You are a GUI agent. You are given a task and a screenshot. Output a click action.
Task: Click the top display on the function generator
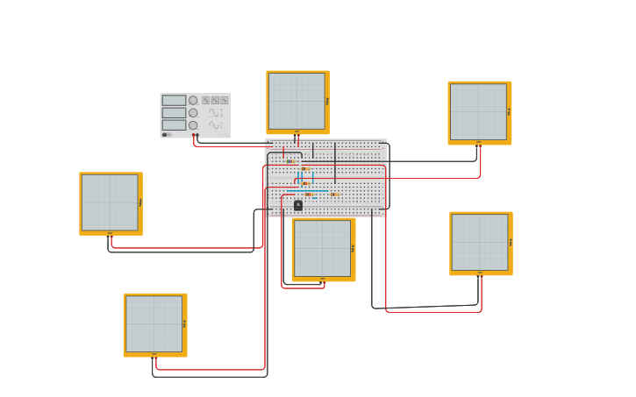click(174, 100)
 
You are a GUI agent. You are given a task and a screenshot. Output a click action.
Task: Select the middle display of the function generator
click(174, 112)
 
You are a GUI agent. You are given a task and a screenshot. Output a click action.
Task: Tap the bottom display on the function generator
click(174, 124)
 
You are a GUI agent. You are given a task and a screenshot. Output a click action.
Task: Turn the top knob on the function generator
click(193, 100)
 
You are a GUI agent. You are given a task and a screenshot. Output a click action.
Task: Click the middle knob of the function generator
click(193, 112)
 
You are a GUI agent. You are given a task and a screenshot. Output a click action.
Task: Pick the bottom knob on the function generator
click(193, 124)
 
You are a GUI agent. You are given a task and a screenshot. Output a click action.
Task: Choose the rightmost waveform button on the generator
click(225, 100)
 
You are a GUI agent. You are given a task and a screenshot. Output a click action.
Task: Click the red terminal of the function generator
click(193, 135)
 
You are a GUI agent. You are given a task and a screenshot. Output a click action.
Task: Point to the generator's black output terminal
click(197, 135)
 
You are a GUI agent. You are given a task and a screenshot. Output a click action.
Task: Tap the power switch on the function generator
click(165, 135)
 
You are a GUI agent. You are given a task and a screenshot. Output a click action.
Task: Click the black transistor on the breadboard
click(298, 205)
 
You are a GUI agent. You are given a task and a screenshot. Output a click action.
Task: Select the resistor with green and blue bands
click(290, 161)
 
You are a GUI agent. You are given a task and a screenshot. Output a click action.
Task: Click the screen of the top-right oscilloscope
click(478, 111)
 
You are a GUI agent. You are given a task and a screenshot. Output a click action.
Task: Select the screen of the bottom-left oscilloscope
click(154, 323)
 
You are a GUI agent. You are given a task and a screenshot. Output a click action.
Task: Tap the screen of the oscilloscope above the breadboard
click(297, 101)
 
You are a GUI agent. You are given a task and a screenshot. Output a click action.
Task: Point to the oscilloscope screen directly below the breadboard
click(322, 248)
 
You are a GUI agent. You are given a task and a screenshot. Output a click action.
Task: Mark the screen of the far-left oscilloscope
click(110, 202)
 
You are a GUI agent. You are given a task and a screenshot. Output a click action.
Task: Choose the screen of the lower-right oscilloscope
click(479, 242)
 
